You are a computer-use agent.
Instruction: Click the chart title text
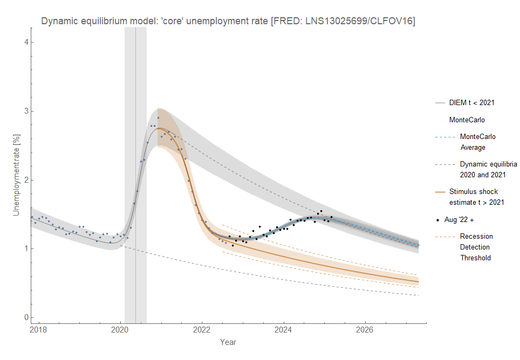click(x=228, y=22)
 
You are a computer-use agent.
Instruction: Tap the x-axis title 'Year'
click(x=228, y=342)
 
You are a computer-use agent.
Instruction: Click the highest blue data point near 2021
click(x=158, y=117)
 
